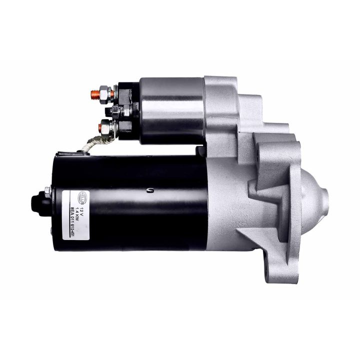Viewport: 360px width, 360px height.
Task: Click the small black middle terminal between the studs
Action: (x=116, y=110)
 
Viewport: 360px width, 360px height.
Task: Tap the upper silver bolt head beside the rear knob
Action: (x=47, y=189)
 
